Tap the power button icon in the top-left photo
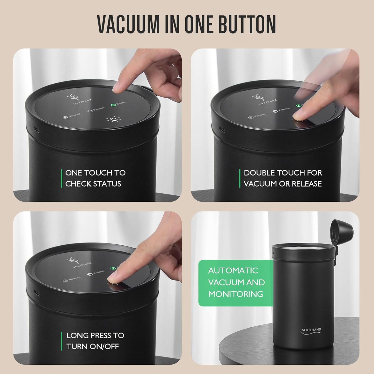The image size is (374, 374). [x=113, y=120]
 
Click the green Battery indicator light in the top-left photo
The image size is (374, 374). [x=113, y=105]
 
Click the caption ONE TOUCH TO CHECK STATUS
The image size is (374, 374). [x=95, y=178]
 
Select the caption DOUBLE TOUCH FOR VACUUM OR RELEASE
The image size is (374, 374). [x=283, y=178]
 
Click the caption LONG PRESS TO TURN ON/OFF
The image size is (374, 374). [x=95, y=341]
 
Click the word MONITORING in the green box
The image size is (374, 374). [x=236, y=294]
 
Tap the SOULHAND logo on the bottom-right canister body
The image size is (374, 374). [x=311, y=331]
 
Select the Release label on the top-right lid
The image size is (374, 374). [x=281, y=110]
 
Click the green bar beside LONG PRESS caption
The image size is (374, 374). [x=62, y=341]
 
